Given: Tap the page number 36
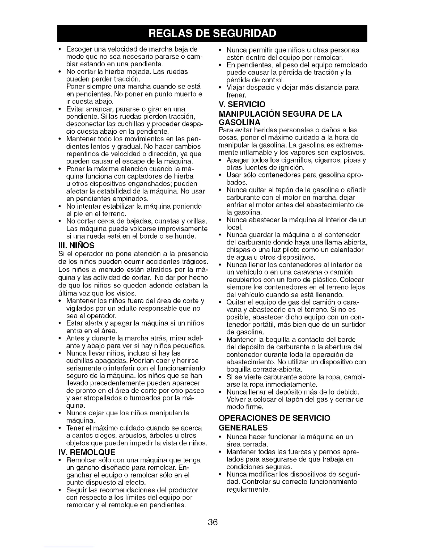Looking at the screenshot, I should (212, 522).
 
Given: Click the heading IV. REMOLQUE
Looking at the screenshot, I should (87, 452).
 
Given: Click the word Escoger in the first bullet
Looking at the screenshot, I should (77, 49).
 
